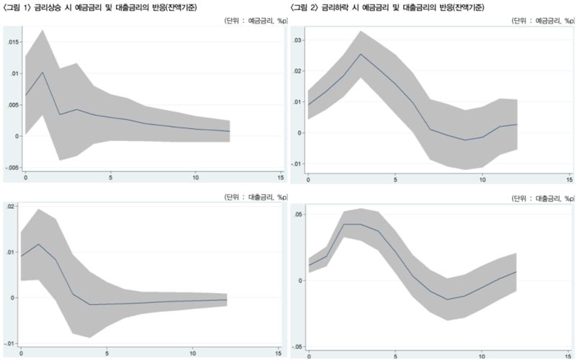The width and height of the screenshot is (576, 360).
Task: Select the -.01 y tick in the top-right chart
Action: (296, 164)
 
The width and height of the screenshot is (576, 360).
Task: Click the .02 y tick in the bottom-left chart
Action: (11, 207)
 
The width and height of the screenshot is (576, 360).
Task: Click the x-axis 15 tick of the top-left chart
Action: (282, 177)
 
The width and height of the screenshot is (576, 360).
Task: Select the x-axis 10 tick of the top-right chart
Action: (482, 178)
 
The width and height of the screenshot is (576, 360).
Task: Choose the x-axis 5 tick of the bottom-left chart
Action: (107, 353)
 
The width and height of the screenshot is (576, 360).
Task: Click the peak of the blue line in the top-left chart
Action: (43, 72)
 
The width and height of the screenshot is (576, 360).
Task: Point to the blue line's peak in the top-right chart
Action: (361, 54)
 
